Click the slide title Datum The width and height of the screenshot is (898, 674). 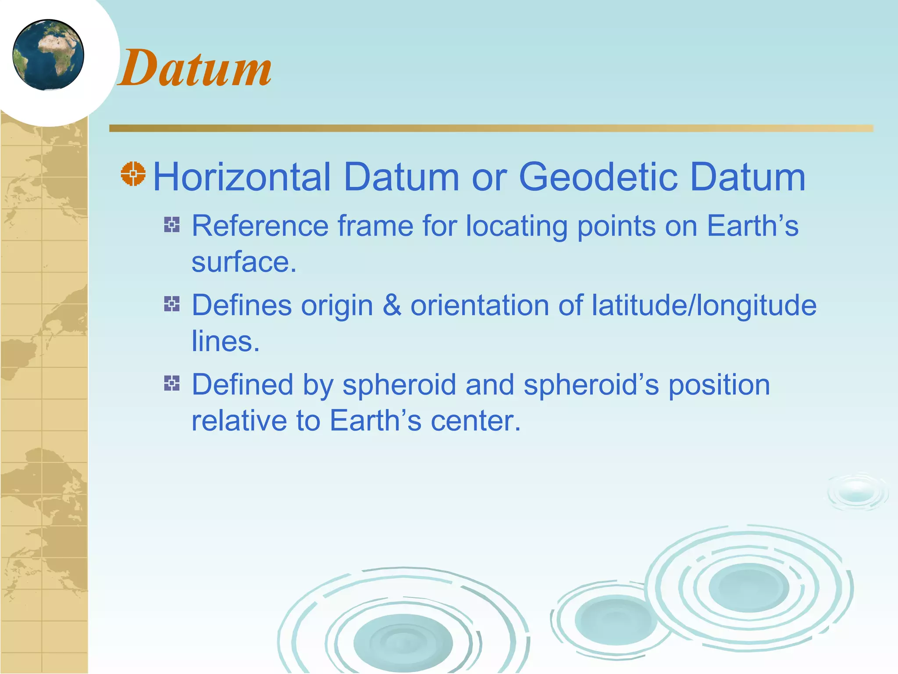point(195,68)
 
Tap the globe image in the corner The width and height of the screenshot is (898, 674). point(48,55)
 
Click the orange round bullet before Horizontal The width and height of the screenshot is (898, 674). point(133,174)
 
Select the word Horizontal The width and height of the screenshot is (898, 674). point(242,177)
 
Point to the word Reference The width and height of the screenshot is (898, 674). point(260,226)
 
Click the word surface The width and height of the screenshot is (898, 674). point(244,262)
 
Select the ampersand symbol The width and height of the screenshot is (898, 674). point(392,305)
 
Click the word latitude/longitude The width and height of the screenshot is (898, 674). point(704,305)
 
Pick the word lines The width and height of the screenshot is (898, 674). point(225,341)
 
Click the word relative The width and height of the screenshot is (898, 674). point(239,421)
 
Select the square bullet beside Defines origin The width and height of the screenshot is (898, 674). point(172,304)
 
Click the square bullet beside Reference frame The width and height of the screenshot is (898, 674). point(172,225)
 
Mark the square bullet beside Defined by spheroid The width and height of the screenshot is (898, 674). point(172,383)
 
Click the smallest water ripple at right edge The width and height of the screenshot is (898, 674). point(856,492)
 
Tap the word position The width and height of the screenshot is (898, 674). point(719,385)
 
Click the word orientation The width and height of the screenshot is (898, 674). point(479,305)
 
